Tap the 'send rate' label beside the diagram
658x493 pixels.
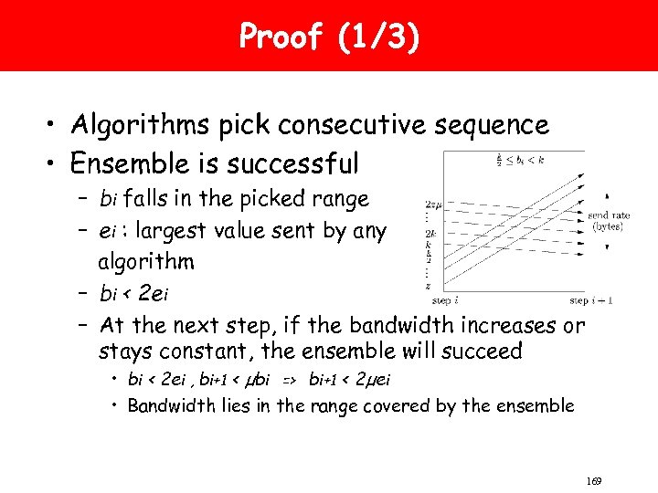608,216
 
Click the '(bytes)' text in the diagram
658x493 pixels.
608,226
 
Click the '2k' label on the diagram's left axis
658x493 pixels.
430,234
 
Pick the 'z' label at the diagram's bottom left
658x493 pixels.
429,286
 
